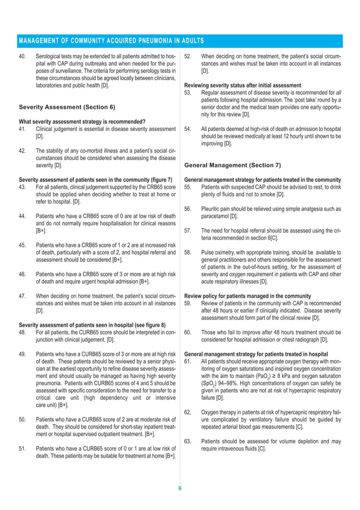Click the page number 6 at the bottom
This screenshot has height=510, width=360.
click(179, 489)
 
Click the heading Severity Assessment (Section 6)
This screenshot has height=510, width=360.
click(67, 107)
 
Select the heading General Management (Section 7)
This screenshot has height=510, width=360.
click(232, 165)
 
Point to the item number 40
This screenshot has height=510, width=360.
click(23, 57)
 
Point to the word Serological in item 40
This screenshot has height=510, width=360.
click(49, 57)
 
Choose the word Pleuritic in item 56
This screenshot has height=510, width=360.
click(212, 209)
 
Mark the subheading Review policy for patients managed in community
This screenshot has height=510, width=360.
click(247, 296)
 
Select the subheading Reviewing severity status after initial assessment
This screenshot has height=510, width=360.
click(243, 85)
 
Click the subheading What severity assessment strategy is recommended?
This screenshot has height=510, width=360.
click(82, 121)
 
